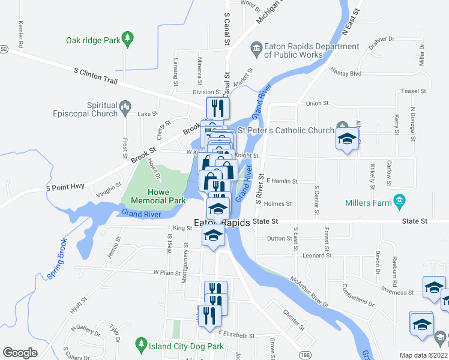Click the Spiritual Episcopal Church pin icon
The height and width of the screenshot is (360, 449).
tap(125, 108)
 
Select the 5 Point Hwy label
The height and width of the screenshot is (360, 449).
tap(65, 188)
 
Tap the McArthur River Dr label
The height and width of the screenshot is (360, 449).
tap(309, 292)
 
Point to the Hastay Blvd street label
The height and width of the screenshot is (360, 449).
tap(346, 73)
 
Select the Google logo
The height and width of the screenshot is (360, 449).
tap(20, 353)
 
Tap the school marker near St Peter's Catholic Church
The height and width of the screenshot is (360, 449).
tap(346, 139)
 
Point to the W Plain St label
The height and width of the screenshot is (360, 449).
tap(167, 272)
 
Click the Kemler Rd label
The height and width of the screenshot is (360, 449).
tap(20, 35)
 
